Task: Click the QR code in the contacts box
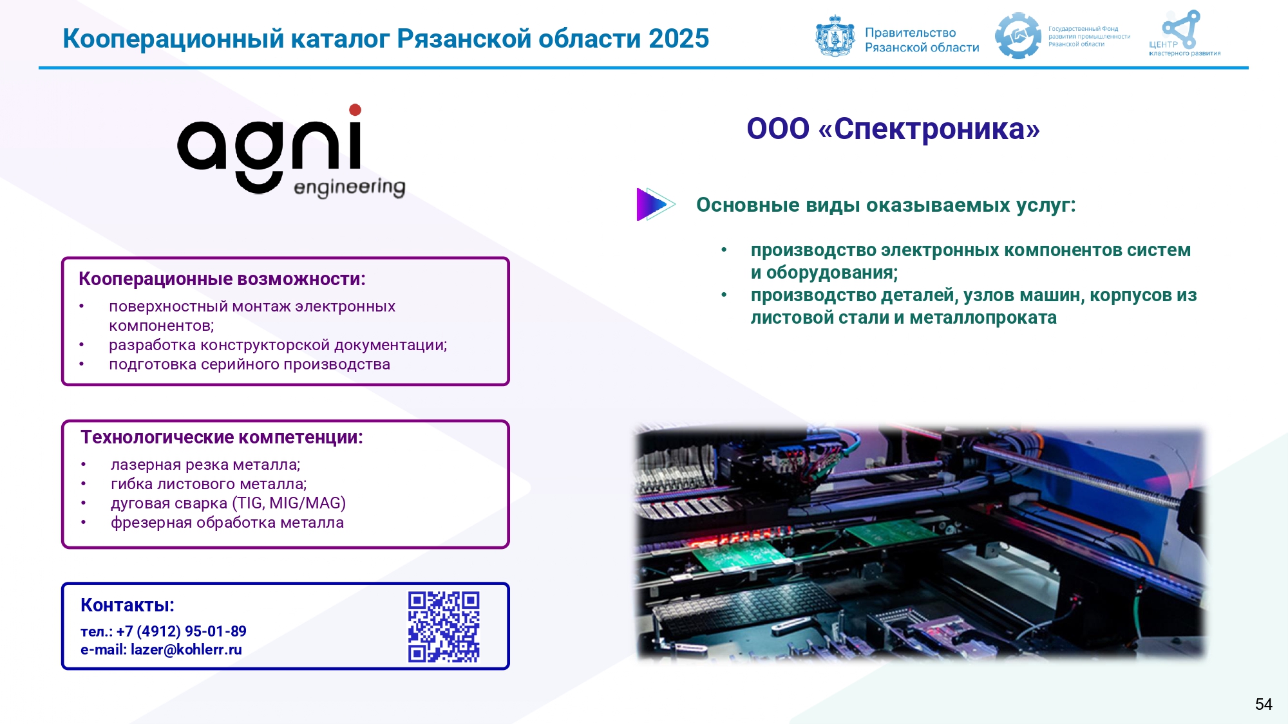(444, 627)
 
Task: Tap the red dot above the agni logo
(355, 110)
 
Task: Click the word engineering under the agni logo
(349, 187)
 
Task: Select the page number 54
(1264, 704)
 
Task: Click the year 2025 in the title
(679, 39)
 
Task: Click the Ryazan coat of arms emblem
(835, 37)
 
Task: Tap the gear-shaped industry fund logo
(1018, 36)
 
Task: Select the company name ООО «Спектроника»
(893, 129)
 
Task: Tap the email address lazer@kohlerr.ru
(186, 650)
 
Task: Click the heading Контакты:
(128, 605)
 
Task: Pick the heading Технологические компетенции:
(222, 438)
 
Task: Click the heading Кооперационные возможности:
(222, 279)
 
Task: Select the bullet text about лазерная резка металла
(205, 465)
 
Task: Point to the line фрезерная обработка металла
(227, 523)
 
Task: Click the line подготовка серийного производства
(250, 364)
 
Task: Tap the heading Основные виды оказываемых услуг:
(886, 205)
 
